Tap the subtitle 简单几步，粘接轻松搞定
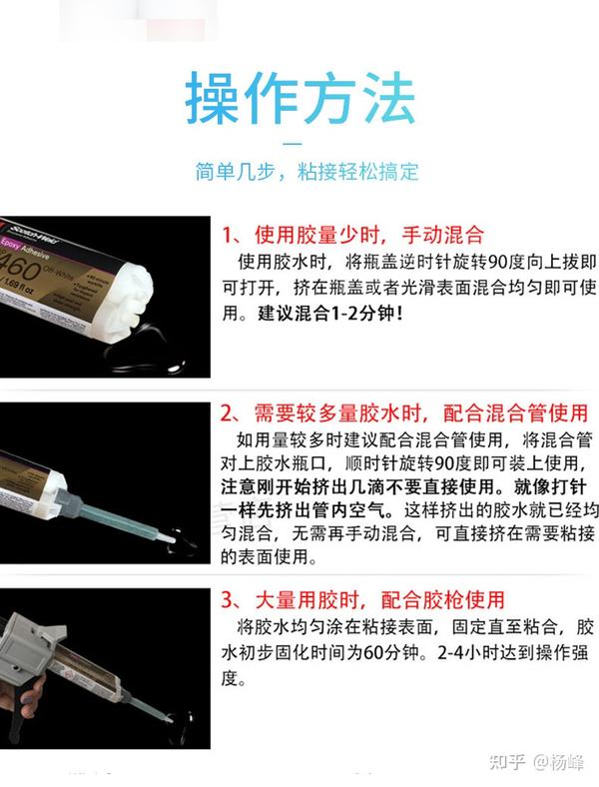tap(306, 172)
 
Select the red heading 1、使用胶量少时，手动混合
tap(352, 236)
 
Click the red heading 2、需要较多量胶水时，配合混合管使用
tap(403, 413)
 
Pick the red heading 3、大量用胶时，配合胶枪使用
tap(363, 600)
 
